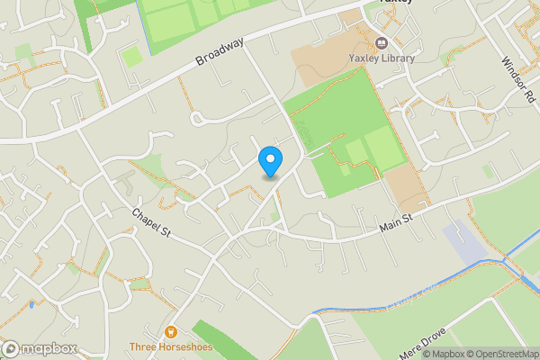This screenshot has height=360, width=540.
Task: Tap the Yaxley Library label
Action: pyautogui.click(x=382, y=58)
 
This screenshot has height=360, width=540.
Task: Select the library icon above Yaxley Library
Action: pyautogui.click(x=382, y=43)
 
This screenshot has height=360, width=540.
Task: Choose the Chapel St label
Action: pyautogui.click(x=150, y=226)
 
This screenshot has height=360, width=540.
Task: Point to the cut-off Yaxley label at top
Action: pyautogui.click(x=395, y=3)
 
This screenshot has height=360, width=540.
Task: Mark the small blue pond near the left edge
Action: pyautogui.click(x=31, y=305)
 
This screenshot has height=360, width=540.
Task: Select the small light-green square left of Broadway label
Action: pyautogui.click(x=132, y=57)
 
